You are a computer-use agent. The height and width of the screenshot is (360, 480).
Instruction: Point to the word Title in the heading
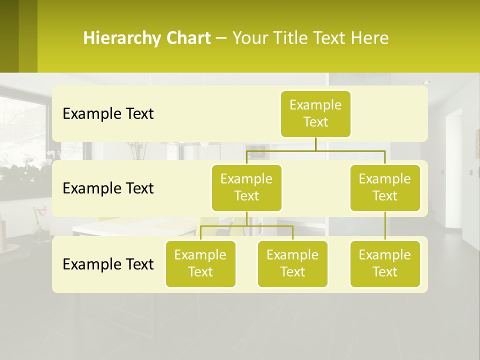[294, 38]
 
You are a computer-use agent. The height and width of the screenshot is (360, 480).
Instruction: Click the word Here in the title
[368, 38]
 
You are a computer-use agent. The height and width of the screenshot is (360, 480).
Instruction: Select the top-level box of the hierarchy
[315, 113]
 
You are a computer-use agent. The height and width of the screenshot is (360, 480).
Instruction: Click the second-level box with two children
[246, 187]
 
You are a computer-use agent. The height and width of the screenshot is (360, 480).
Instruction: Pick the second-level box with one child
[385, 187]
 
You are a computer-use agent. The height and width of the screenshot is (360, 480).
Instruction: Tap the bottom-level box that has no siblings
[385, 263]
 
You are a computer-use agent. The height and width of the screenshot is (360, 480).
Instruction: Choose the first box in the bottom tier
[200, 263]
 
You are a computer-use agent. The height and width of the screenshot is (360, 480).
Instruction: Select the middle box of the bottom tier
[292, 263]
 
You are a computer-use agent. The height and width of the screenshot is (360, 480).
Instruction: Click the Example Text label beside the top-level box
[108, 114]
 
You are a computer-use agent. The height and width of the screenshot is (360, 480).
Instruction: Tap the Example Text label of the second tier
[108, 188]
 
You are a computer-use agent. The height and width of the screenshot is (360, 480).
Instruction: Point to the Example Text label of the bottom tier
[108, 264]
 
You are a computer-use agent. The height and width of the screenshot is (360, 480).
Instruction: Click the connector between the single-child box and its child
[385, 225]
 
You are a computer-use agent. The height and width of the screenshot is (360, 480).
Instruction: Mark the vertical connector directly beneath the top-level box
[315, 144]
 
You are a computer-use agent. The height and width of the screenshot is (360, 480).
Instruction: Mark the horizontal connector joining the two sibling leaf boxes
[246, 226]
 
